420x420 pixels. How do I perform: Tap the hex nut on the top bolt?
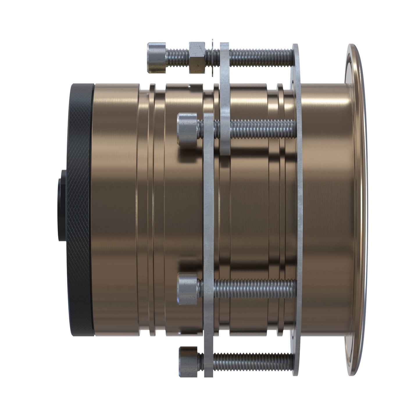[198, 58]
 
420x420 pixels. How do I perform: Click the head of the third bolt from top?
[187, 289]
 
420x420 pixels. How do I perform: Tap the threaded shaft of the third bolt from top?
[256, 289]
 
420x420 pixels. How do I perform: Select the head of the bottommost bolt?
[188, 362]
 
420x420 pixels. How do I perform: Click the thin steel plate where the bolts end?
[298, 209]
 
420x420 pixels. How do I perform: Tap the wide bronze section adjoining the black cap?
[115, 209]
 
